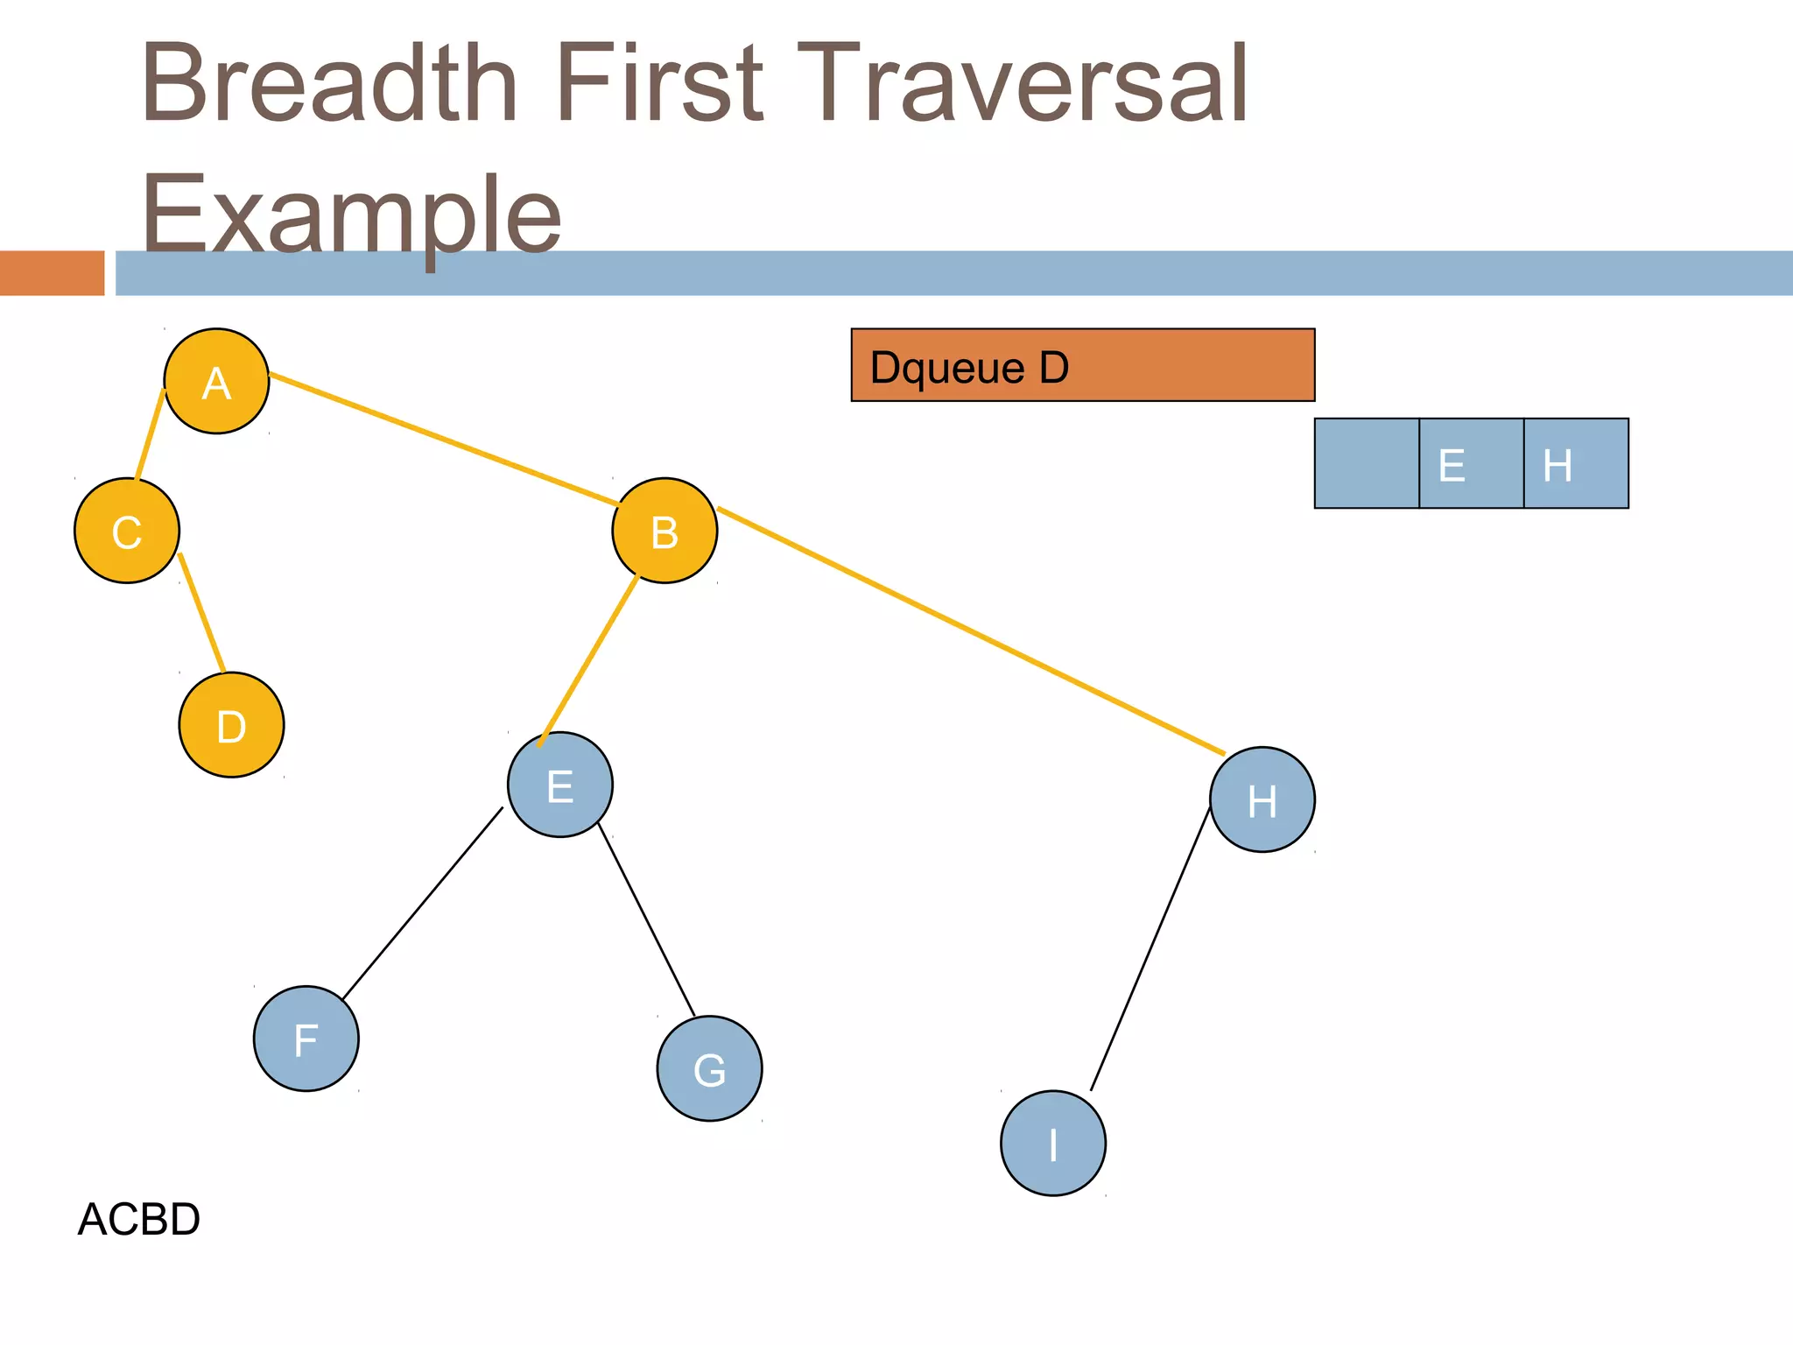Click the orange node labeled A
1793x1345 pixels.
coord(216,381)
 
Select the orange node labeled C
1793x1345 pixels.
coord(127,531)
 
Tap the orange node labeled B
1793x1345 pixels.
coord(664,531)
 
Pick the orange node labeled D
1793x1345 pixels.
coord(231,725)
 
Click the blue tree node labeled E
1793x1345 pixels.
coord(560,785)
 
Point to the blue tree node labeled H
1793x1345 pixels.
coord(1262,799)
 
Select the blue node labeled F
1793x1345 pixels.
coord(306,1039)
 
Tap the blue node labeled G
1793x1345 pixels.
coord(709,1068)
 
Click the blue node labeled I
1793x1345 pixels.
coord(1053,1143)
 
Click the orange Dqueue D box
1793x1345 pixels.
coord(1082,365)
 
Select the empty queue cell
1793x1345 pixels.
coord(1367,463)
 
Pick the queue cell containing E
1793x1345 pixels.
coord(1471,463)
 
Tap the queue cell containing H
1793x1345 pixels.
coord(1576,463)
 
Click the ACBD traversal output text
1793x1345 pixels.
coord(139,1219)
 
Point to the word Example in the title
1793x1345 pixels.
coord(350,215)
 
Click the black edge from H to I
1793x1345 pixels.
coord(1150,949)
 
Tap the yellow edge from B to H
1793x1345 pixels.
coord(970,630)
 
